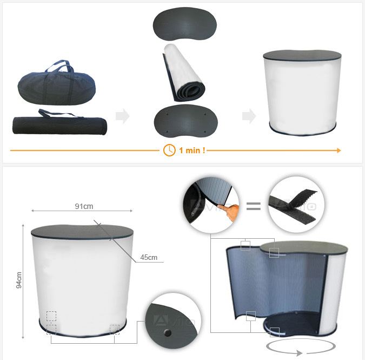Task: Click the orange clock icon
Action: click(x=169, y=150)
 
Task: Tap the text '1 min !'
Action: click(x=192, y=150)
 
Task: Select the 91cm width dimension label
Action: click(x=84, y=206)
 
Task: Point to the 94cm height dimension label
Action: click(x=19, y=280)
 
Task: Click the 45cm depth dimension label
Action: click(x=149, y=258)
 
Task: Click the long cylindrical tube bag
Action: click(x=60, y=124)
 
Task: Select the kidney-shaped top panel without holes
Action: click(x=185, y=24)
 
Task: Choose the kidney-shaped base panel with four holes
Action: click(x=186, y=121)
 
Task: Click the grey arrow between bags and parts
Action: click(x=123, y=116)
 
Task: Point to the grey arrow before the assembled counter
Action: click(x=249, y=116)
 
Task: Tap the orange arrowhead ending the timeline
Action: click(x=339, y=150)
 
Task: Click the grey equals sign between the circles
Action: click(x=254, y=206)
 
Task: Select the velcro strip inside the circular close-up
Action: click(x=294, y=206)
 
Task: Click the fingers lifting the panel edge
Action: click(x=230, y=212)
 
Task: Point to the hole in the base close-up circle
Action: click(x=168, y=333)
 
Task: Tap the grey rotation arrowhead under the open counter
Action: click(x=299, y=353)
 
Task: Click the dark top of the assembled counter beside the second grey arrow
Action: click(x=302, y=56)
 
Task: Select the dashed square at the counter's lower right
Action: click(x=115, y=330)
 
